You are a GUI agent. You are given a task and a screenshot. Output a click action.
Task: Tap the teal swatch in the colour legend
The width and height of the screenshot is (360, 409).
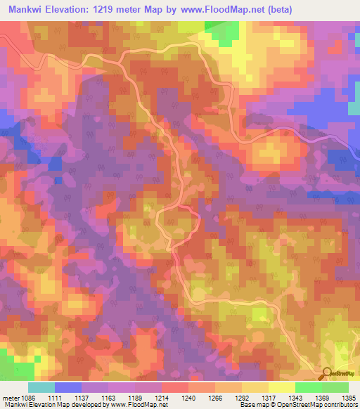tap(41, 387)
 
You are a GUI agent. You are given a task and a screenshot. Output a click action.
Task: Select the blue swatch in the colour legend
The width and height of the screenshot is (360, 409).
tap(68, 387)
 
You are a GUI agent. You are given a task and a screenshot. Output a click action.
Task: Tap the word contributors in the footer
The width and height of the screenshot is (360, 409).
tap(340, 405)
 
